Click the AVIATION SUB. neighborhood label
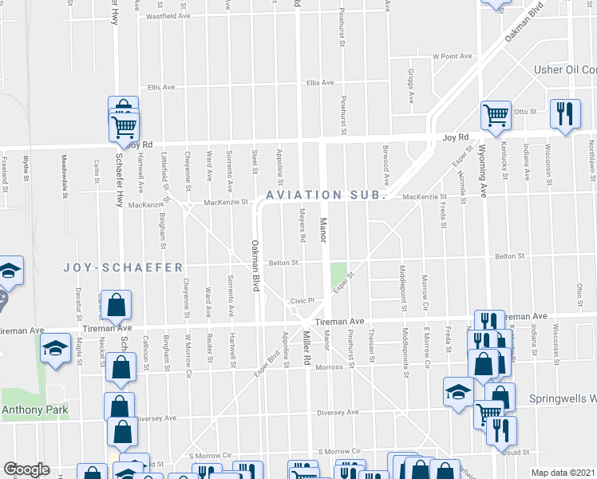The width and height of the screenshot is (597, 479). tap(326, 195)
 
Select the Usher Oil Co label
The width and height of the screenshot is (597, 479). tap(564, 70)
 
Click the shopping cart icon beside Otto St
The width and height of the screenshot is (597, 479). tap(496, 116)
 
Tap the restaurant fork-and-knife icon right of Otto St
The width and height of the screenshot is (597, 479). tap(563, 113)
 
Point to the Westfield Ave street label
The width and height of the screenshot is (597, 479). tap(168, 16)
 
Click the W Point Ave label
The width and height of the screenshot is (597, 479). tap(453, 57)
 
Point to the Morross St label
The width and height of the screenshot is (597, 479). tap(336, 367)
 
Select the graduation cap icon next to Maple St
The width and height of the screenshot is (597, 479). tap(55, 348)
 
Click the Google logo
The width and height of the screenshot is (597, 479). tap(26, 469)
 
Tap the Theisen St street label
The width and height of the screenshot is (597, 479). tap(372, 346)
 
